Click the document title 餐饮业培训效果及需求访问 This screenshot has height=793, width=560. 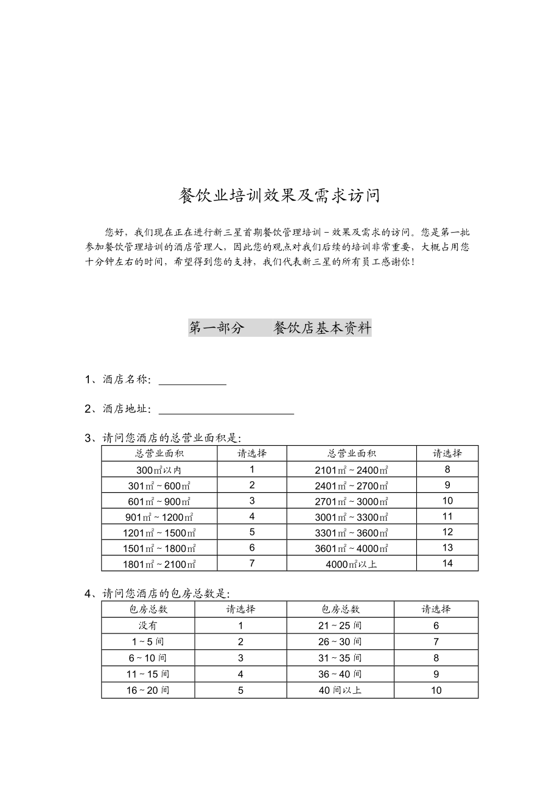click(x=279, y=196)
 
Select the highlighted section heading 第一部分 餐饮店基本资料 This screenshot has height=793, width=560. click(x=279, y=328)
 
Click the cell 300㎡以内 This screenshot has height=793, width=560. click(x=159, y=470)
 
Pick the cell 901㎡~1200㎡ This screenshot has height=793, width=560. click(x=159, y=517)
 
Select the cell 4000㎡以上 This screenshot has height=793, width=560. click(x=351, y=564)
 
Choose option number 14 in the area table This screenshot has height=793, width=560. click(x=447, y=563)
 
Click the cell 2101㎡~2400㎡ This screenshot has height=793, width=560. click(x=351, y=470)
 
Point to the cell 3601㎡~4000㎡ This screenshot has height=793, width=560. click(x=351, y=548)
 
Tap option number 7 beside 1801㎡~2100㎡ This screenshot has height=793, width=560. click(x=252, y=563)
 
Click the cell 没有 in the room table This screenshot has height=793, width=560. click(x=148, y=626)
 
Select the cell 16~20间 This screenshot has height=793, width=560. click(x=148, y=690)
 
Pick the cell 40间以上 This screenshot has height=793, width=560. click(x=340, y=690)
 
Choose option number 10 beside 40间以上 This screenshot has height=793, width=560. click(x=436, y=690)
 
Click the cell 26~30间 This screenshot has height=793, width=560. click(x=340, y=642)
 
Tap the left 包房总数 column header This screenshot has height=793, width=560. click(x=148, y=609)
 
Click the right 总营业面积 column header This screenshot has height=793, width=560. click(x=351, y=453)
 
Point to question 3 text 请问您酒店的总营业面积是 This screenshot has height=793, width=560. click(x=172, y=438)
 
